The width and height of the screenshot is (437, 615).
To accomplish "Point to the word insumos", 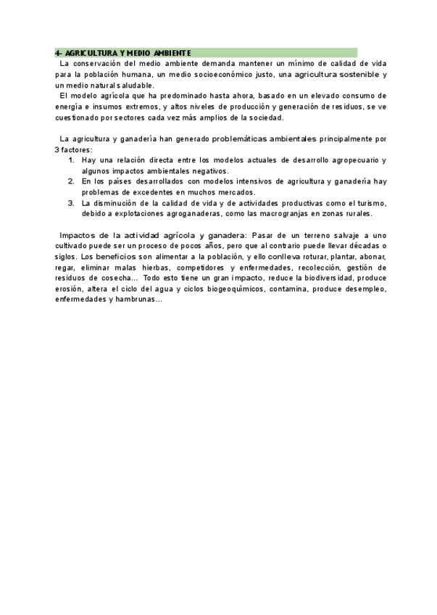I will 109,107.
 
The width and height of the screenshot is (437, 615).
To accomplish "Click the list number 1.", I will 71,160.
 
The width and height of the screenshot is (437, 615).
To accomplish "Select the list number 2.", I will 71,181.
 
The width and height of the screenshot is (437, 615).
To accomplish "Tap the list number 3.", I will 71,203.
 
